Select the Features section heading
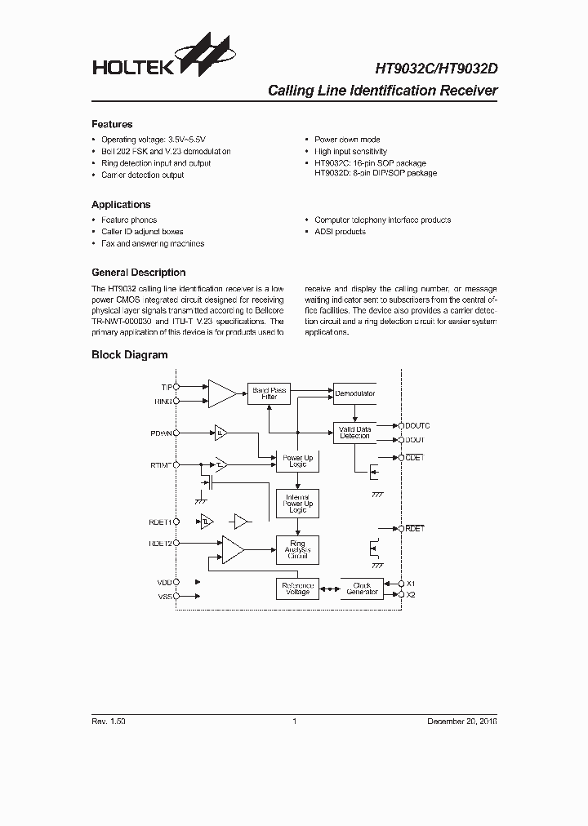click(112, 124)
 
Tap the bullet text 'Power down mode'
click(347, 140)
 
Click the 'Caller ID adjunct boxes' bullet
click(142, 232)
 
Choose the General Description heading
click(138, 273)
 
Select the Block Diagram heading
click(129, 355)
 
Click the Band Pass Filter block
click(269, 393)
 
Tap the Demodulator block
click(354, 393)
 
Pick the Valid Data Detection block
click(354, 433)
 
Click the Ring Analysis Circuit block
click(297, 548)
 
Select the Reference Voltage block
click(297, 588)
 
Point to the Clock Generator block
click(362, 588)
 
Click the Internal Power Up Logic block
click(297, 504)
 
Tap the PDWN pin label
click(161, 433)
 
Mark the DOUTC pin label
click(417, 426)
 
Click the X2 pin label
click(412, 594)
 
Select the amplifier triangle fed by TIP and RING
click(221, 393)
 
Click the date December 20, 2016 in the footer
click(462, 722)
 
